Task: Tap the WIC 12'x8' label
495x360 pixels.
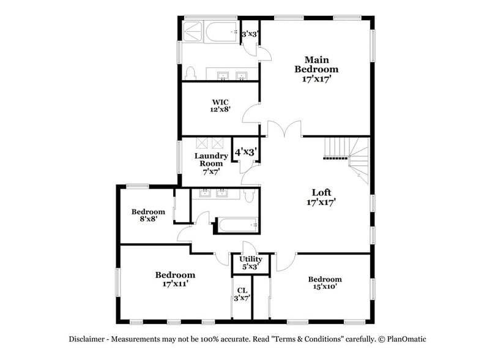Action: point(220,106)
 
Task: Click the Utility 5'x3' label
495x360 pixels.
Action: point(250,263)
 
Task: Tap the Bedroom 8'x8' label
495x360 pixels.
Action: point(148,216)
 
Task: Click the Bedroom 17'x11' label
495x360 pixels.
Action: point(174,279)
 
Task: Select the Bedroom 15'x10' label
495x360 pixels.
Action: point(324,282)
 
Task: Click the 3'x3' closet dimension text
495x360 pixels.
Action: point(250,34)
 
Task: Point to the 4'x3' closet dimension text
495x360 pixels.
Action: point(245,151)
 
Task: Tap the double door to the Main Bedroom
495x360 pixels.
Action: point(285,129)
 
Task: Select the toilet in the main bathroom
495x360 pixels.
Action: point(190,74)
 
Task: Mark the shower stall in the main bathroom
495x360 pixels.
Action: point(192,31)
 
